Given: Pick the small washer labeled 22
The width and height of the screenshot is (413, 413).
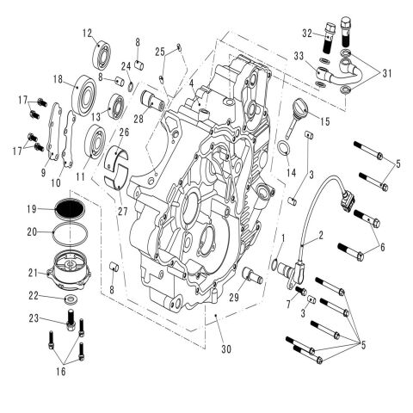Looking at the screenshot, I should point(68,299).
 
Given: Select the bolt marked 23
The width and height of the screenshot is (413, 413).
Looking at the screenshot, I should point(67,327).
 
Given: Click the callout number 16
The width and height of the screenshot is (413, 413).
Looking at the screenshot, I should point(59,373).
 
